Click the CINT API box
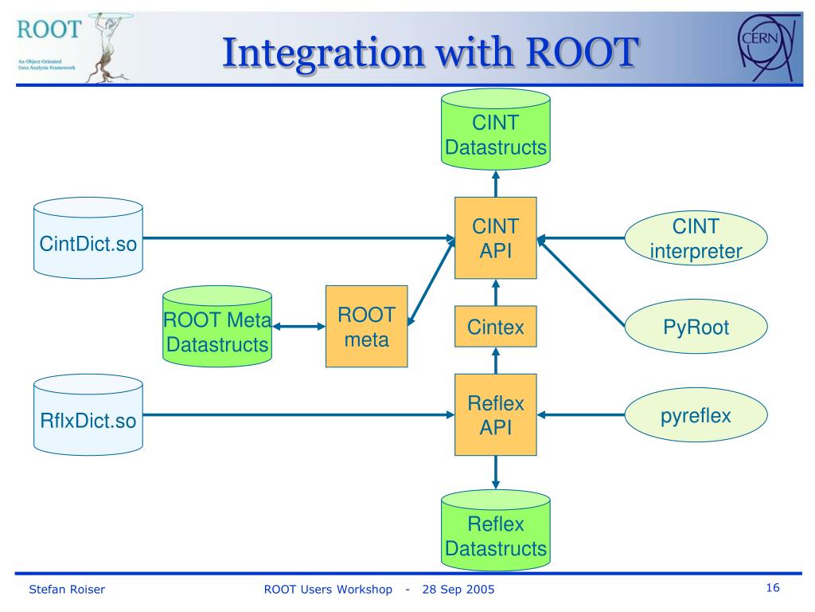[495, 237]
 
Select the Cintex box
[495, 326]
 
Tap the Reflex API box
[495, 414]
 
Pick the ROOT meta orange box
[366, 326]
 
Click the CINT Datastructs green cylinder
[495, 130]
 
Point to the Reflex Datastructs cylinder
[495, 530]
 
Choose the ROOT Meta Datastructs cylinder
[217, 326]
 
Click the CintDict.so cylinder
[88, 237]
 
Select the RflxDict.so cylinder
[88, 414]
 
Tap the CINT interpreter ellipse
[696, 237]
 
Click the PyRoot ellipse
[696, 326]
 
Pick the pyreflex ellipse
[696, 414]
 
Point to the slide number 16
[773, 587]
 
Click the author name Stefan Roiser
[67, 589]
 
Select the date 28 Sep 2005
[458, 589]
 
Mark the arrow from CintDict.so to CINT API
[299, 238]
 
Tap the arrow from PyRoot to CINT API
[580, 281]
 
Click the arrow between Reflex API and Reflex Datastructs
[495, 473]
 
